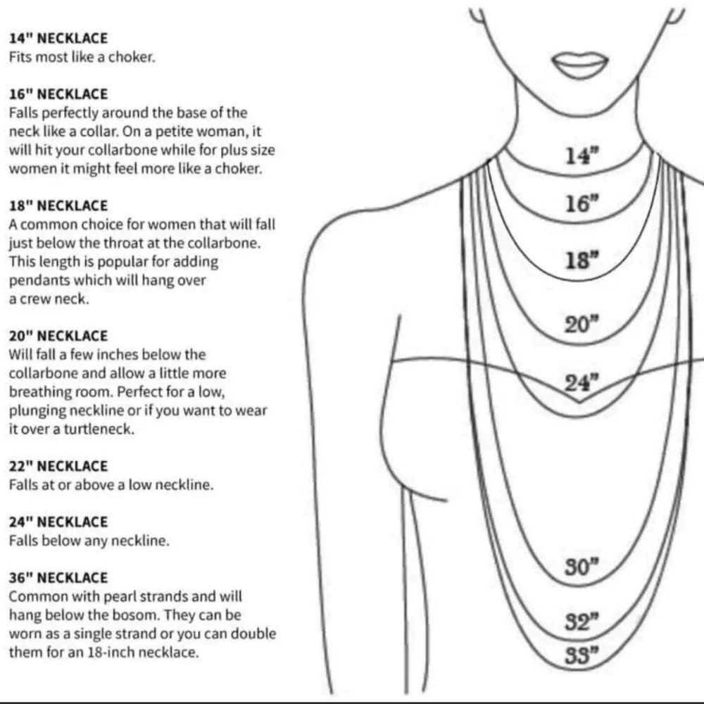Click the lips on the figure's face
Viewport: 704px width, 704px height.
[579, 65]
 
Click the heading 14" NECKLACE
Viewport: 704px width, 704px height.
[58, 38]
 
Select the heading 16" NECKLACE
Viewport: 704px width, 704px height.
[58, 94]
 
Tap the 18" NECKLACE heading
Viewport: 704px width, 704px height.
[58, 206]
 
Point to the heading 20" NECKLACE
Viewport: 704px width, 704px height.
[58, 336]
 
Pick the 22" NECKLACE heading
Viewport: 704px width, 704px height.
[58, 466]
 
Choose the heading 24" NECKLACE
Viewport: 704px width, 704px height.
[58, 522]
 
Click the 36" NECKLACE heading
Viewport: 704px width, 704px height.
[58, 577]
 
